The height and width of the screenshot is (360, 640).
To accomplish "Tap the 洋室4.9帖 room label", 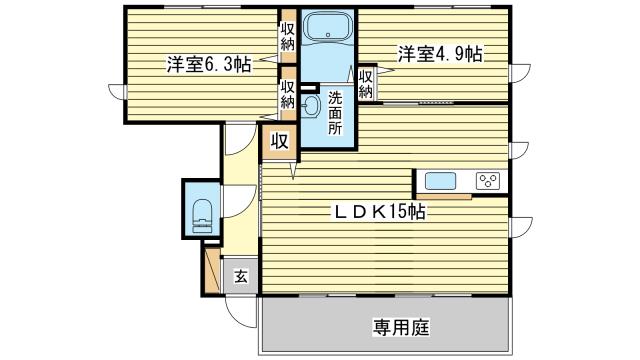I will pos(440,54).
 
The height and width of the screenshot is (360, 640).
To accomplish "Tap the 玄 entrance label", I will pos(242,276).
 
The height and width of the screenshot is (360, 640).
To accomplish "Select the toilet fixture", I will pos(201,212).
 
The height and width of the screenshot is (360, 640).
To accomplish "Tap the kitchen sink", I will pos(442,181).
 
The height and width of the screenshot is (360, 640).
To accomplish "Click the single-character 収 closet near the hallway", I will pos(279,142).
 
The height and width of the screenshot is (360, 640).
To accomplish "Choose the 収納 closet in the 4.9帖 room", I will pos(367,83).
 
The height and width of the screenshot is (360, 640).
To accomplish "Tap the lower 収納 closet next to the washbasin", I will pos(288,95).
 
